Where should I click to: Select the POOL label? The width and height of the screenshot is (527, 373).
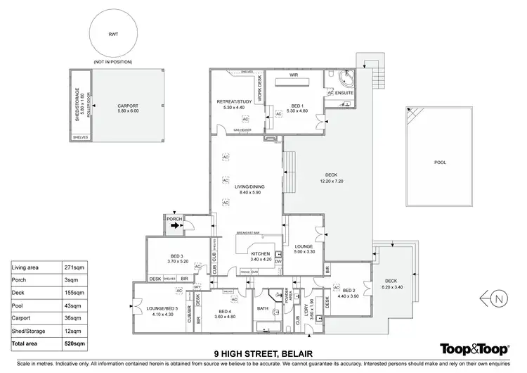tap(440, 162)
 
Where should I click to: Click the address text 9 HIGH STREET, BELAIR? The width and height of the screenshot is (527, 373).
tap(263, 353)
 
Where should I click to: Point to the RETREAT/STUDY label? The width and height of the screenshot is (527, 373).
tap(234, 101)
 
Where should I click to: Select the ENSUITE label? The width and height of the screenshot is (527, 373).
tap(344, 93)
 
